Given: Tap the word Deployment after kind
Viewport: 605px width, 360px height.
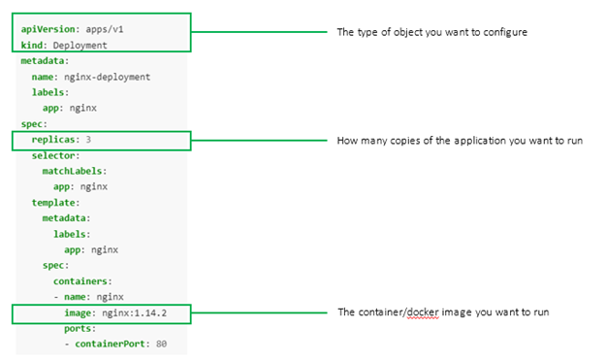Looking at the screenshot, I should tap(80, 45).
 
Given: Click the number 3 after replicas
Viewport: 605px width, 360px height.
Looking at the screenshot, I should tap(88, 140).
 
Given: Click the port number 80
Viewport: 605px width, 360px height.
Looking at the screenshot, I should tap(161, 344).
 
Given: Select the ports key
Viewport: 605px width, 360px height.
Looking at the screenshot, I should tap(80, 328).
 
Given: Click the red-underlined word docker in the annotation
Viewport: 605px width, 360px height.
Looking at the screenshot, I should tap(423, 312).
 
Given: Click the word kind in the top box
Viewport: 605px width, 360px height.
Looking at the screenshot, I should tap(32, 45).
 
